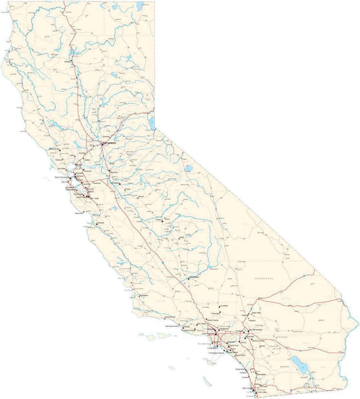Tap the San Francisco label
[61, 178]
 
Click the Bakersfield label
[195, 277]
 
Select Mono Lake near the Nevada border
[189, 169]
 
